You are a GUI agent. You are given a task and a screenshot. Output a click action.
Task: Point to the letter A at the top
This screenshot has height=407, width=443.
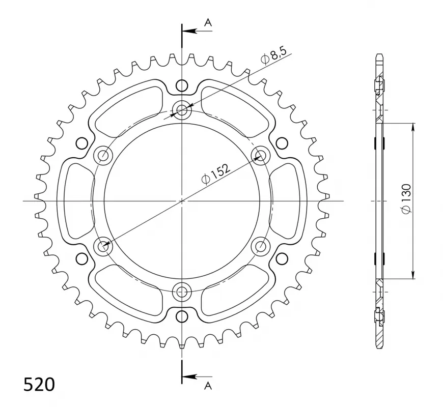click(x=208, y=22)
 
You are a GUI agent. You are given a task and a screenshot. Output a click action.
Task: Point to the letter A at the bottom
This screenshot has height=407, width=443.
click(x=208, y=386)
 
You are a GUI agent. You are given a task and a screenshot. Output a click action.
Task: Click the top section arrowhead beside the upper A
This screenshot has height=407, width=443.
click(x=189, y=31)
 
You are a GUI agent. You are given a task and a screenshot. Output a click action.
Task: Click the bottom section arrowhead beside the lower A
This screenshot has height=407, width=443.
click(x=189, y=376)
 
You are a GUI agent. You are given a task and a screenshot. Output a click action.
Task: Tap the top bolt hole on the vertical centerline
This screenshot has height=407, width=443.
click(x=182, y=110)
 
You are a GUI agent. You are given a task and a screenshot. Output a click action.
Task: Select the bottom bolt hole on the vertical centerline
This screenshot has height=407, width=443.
click(x=182, y=292)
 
